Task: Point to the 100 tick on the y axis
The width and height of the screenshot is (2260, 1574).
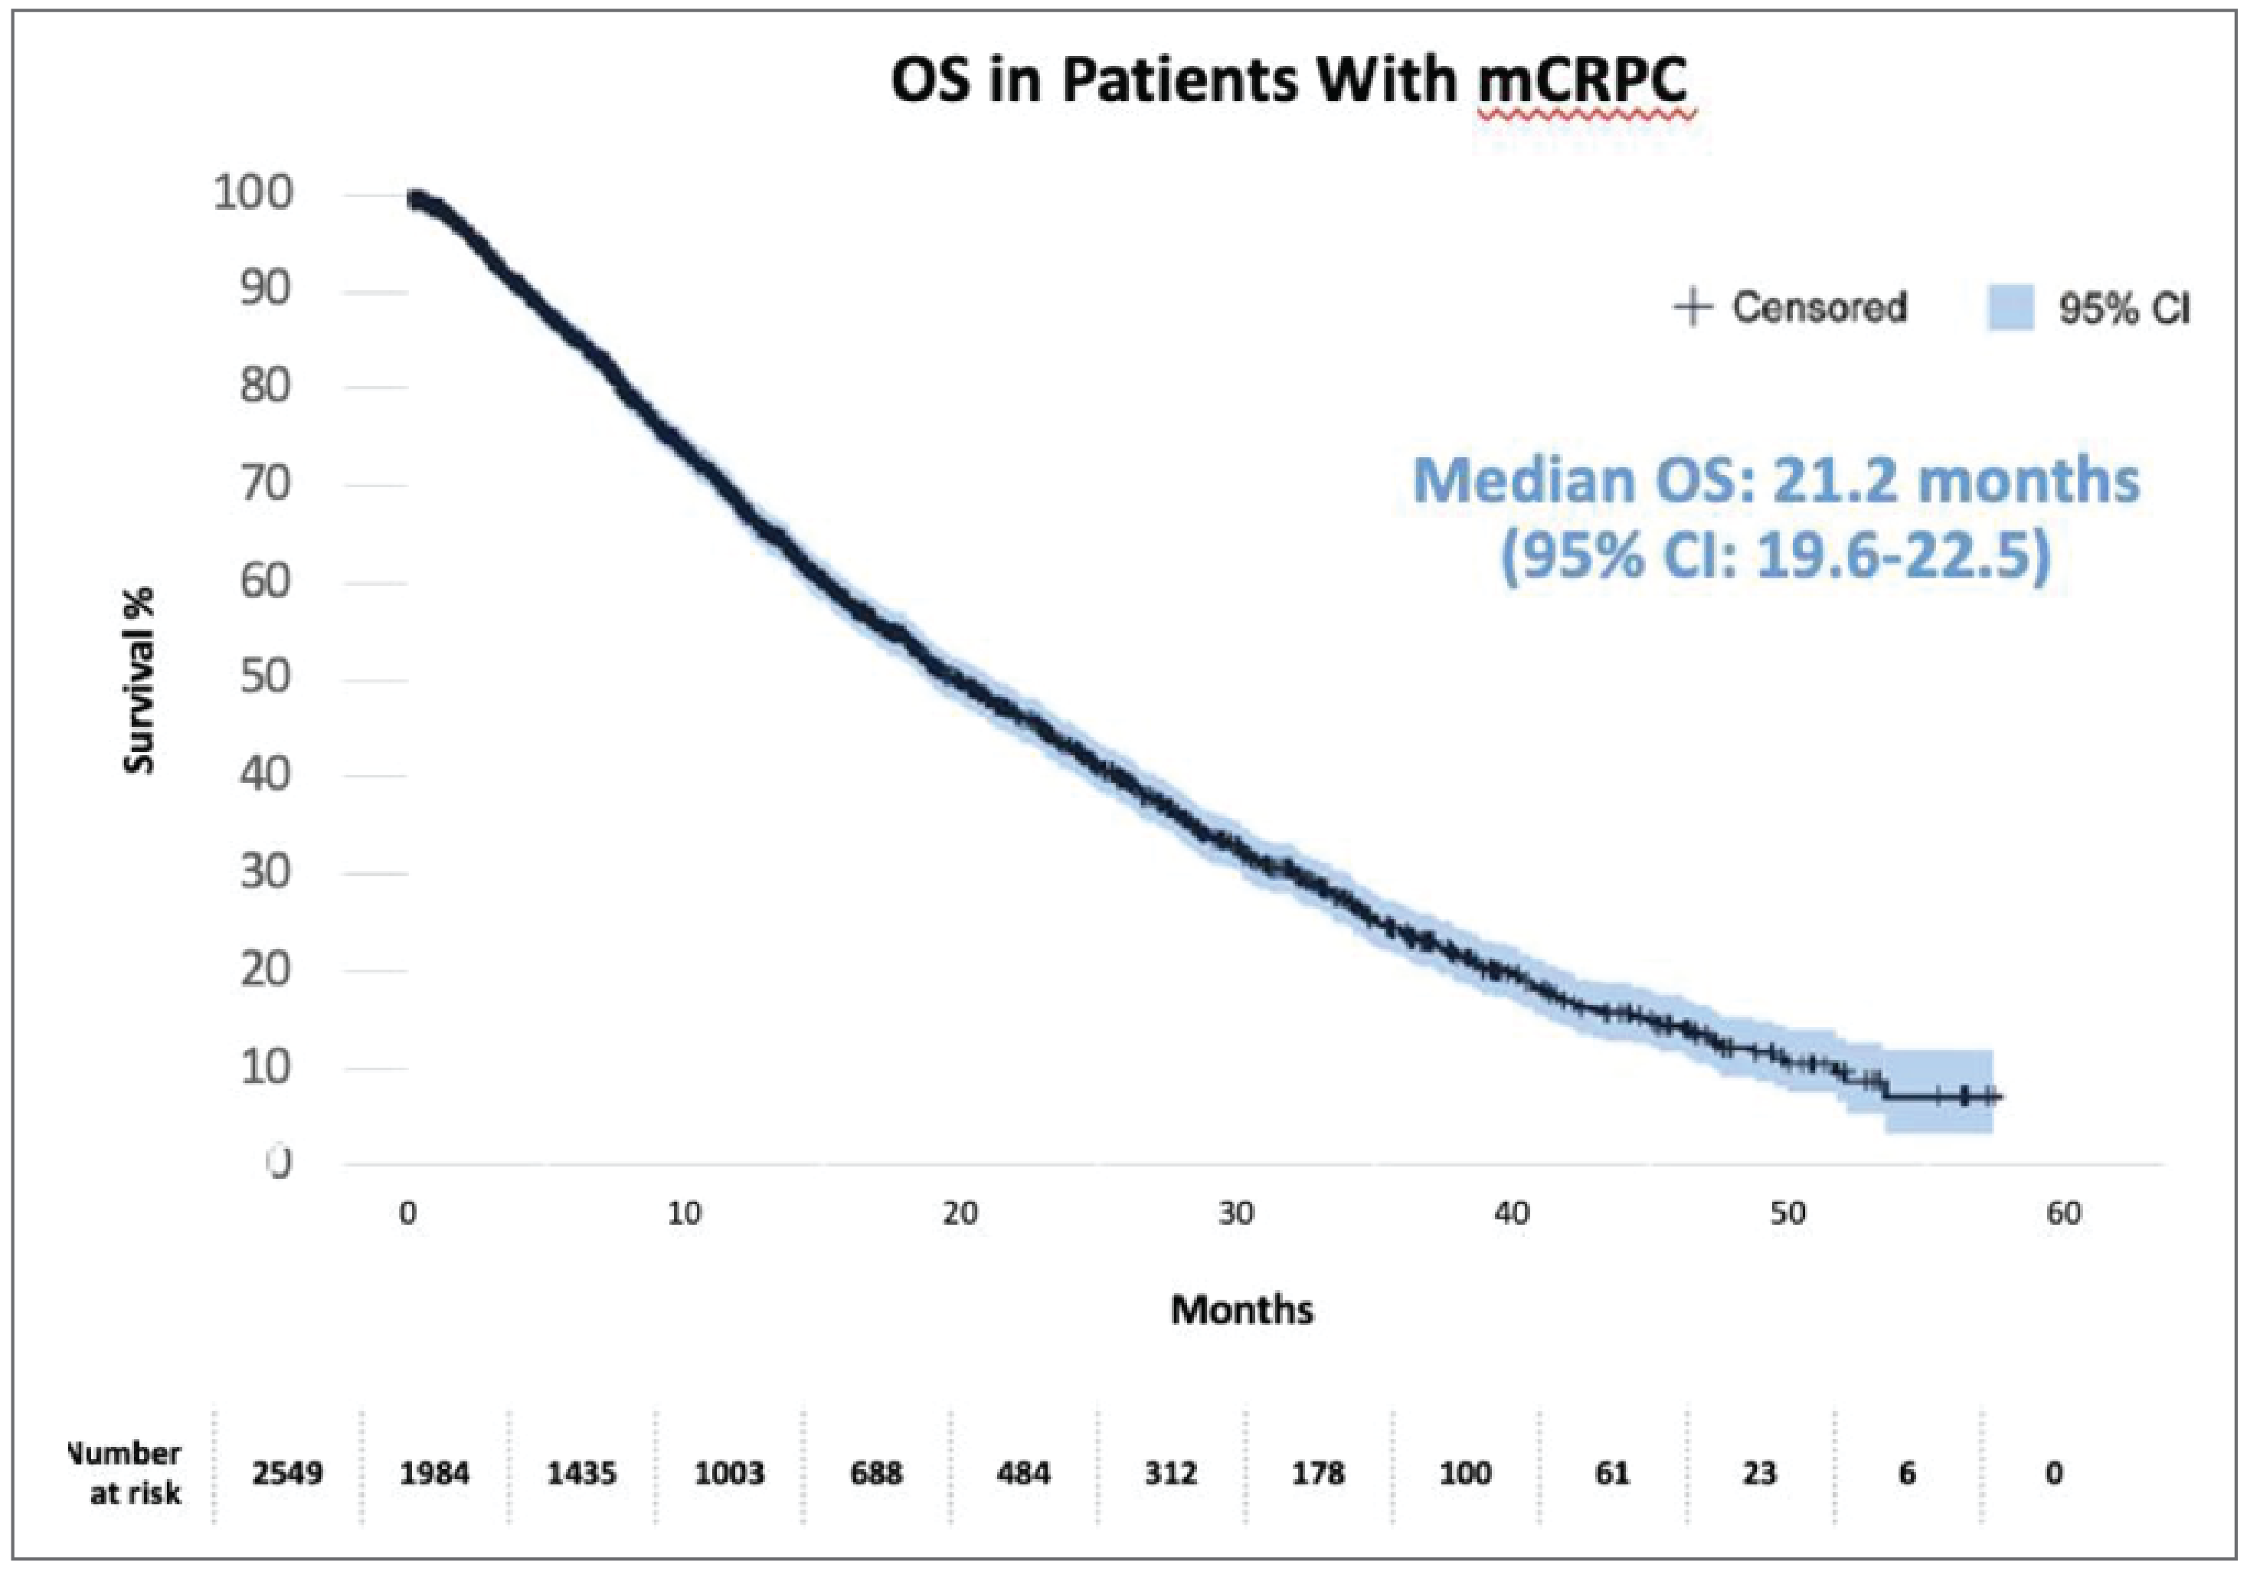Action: click(x=253, y=192)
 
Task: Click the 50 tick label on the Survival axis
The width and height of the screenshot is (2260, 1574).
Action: click(x=266, y=677)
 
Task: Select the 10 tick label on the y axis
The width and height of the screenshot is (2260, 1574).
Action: click(x=266, y=1066)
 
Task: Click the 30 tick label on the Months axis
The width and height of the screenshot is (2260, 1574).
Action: click(x=1236, y=1214)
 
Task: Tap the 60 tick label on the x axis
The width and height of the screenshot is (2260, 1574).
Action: click(x=2064, y=1214)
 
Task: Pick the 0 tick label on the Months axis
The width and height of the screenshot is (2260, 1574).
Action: click(x=407, y=1214)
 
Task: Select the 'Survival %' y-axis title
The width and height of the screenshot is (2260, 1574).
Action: click(x=140, y=680)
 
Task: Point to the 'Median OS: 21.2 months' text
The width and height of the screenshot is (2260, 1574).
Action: click(x=1776, y=481)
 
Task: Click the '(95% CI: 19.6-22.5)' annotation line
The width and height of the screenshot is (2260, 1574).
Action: click(x=1776, y=556)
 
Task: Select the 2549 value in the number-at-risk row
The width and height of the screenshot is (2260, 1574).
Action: click(x=286, y=1474)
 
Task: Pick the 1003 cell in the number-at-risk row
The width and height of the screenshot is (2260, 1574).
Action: click(x=728, y=1474)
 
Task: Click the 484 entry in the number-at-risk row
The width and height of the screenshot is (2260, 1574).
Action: click(x=1024, y=1474)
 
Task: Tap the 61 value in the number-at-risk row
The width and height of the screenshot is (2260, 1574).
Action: click(x=1612, y=1474)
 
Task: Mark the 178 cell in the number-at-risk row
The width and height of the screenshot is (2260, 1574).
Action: click(x=1318, y=1474)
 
